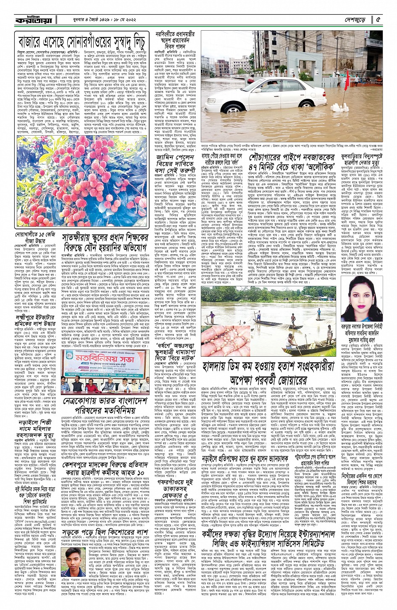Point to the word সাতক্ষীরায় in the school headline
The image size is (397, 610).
(82, 239)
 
